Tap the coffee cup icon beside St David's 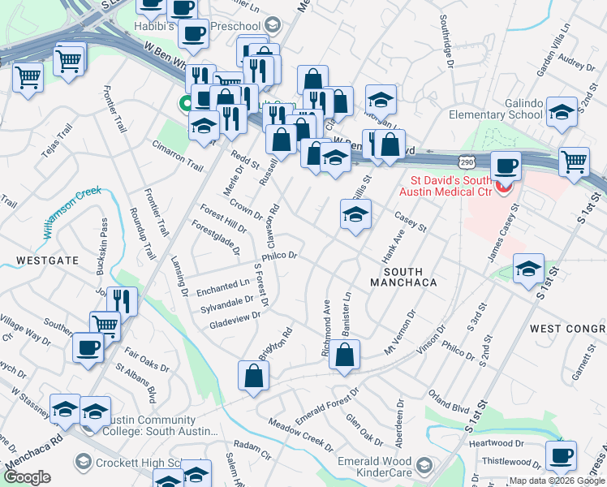(507, 166)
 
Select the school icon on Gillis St (355, 216)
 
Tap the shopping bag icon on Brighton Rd (253, 376)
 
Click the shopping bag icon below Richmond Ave (344, 355)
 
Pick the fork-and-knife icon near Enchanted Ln (123, 301)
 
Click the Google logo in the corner (28, 477)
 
